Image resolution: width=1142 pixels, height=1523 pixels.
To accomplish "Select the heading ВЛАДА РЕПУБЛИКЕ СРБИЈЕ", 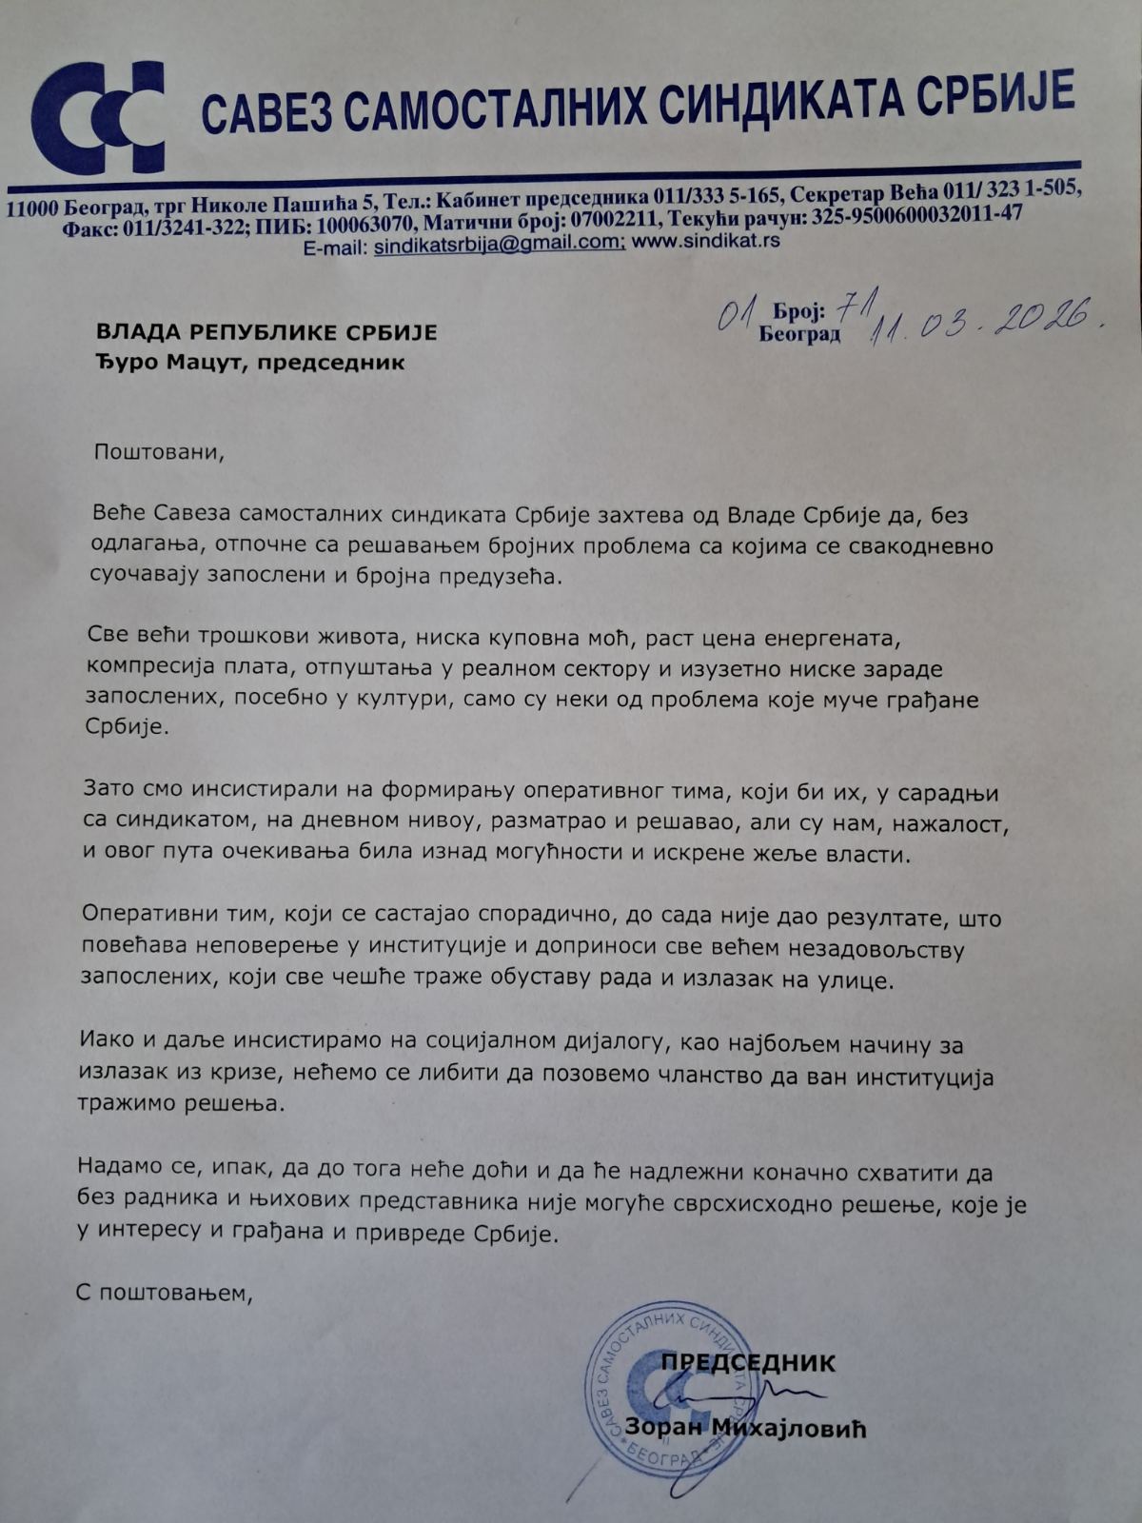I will point(266,332).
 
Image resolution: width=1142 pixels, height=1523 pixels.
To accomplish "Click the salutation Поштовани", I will point(158,450).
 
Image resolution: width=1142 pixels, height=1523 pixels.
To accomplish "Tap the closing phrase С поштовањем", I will point(166,1294).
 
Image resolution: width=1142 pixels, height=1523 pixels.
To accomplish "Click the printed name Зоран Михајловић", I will point(746,1428).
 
